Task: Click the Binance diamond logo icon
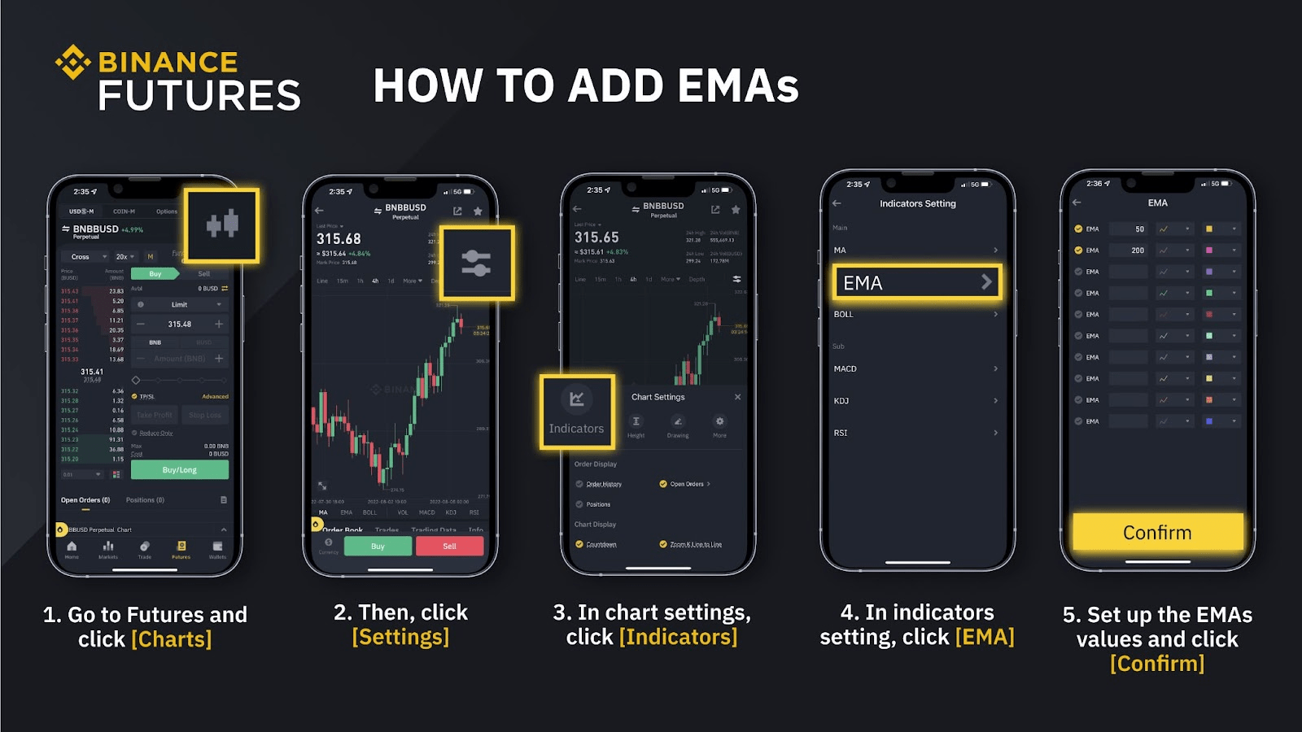(x=72, y=63)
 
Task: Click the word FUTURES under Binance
(x=199, y=96)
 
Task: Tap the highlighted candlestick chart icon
(x=221, y=224)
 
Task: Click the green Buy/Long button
(x=179, y=470)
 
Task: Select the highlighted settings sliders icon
(x=476, y=263)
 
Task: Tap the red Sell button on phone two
(x=449, y=546)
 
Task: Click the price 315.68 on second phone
(x=339, y=239)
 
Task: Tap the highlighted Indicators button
(x=576, y=412)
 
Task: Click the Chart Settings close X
(x=737, y=397)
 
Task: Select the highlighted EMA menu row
(x=917, y=283)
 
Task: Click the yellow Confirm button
(x=1157, y=533)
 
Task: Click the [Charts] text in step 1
(x=172, y=640)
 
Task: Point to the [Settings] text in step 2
(x=400, y=637)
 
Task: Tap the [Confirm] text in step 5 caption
(x=1157, y=664)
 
